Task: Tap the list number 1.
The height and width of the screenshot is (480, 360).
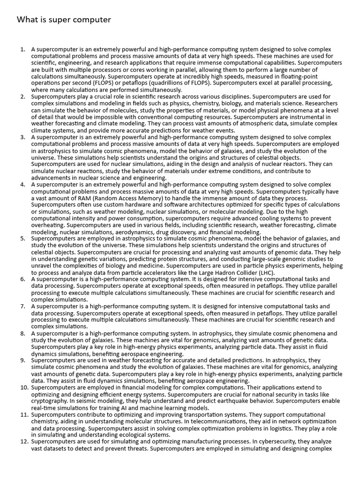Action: click(x=22, y=49)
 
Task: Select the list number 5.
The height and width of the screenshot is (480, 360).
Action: click(x=22, y=239)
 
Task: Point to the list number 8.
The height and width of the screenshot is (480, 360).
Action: click(x=22, y=334)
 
